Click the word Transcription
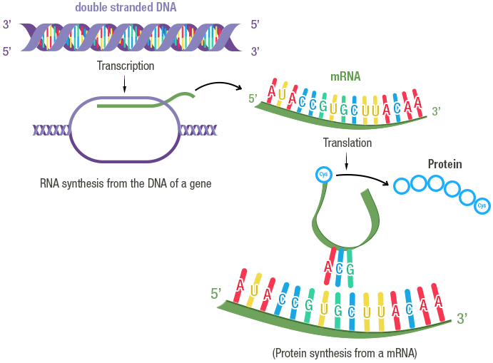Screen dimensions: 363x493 tap(126, 66)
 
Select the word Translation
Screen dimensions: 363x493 tap(347, 143)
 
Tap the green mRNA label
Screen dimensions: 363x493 tap(345, 76)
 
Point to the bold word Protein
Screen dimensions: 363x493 tap(444, 164)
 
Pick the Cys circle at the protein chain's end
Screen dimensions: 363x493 tap(482, 205)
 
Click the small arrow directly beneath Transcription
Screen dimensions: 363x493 tap(126, 83)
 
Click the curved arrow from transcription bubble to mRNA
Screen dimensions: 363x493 tap(219, 87)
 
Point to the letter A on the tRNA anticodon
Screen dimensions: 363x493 tap(328, 267)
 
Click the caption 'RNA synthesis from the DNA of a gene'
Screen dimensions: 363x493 tap(126, 183)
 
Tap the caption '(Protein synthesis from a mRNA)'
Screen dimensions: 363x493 tap(344, 353)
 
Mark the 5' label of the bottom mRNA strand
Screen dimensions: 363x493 tap(217, 293)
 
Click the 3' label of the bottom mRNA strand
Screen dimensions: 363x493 tap(462, 319)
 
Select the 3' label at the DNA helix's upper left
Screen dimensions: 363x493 tap(7, 25)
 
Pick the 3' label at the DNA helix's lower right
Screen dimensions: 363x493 tap(255, 51)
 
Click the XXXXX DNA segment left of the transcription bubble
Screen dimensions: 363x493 tap(50, 130)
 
